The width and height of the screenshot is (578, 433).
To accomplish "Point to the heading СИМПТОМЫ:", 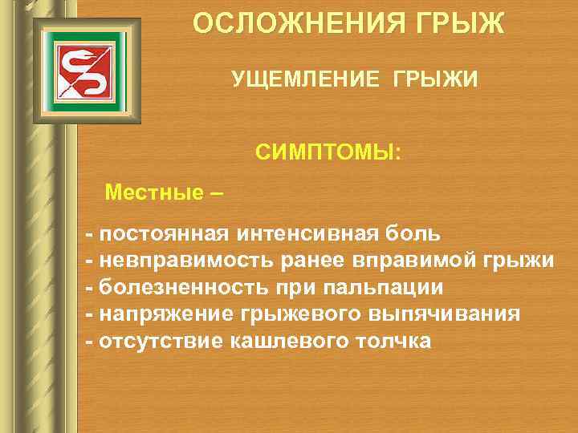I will tap(332, 152).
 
